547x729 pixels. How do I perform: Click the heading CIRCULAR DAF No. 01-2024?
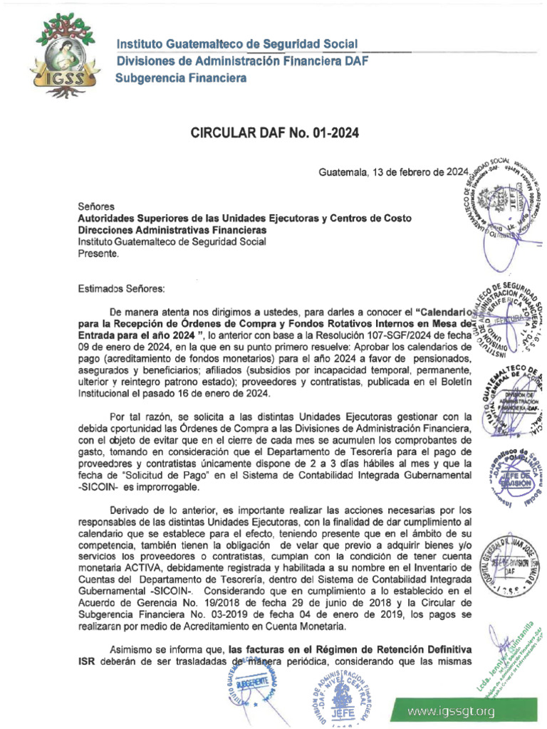pyautogui.click(x=273, y=132)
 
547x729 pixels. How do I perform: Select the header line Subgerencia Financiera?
pyautogui.click(x=181, y=78)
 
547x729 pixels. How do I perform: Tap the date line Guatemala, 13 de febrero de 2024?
pyautogui.click(x=392, y=172)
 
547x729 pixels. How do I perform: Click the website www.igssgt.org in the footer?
pyautogui.click(x=451, y=712)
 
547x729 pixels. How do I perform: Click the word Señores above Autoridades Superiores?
pyautogui.click(x=95, y=206)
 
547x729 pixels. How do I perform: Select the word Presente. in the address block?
pyautogui.click(x=98, y=253)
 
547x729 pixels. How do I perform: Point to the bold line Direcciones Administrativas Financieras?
pyautogui.click(x=172, y=230)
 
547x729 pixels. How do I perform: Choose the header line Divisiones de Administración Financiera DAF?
pyautogui.click(x=242, y=61)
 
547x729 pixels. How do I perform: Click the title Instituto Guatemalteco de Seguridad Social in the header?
pyautogui.click(x=237, y=45)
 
